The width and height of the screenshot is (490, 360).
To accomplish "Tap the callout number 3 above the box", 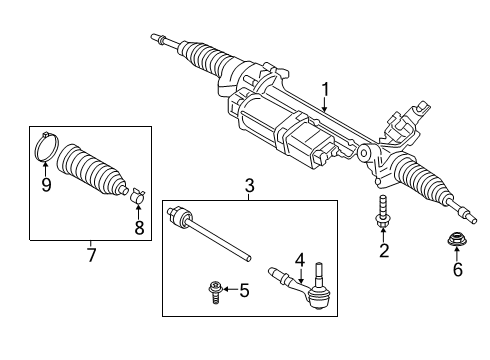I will tap(250, 186).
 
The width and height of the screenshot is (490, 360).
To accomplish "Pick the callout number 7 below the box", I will tap(90, 256).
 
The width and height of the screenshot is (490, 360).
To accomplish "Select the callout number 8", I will tap(139, 227).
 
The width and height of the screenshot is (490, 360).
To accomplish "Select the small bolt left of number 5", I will tap(211, 290).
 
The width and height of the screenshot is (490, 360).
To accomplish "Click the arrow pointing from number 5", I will tap(228, 291).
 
